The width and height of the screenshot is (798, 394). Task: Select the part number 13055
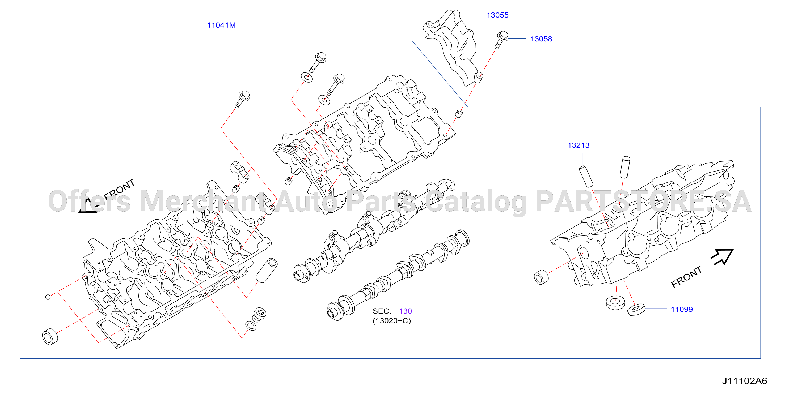pos(497,15)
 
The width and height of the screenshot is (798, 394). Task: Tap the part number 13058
pos(541,39)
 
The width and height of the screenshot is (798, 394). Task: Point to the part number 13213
pos(578,145)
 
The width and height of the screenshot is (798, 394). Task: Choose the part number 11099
pos(682,309)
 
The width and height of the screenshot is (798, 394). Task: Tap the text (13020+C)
pos(392,320)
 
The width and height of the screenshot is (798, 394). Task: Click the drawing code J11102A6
pos(744,381)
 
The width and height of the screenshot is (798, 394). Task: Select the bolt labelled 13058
pos(501,40)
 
